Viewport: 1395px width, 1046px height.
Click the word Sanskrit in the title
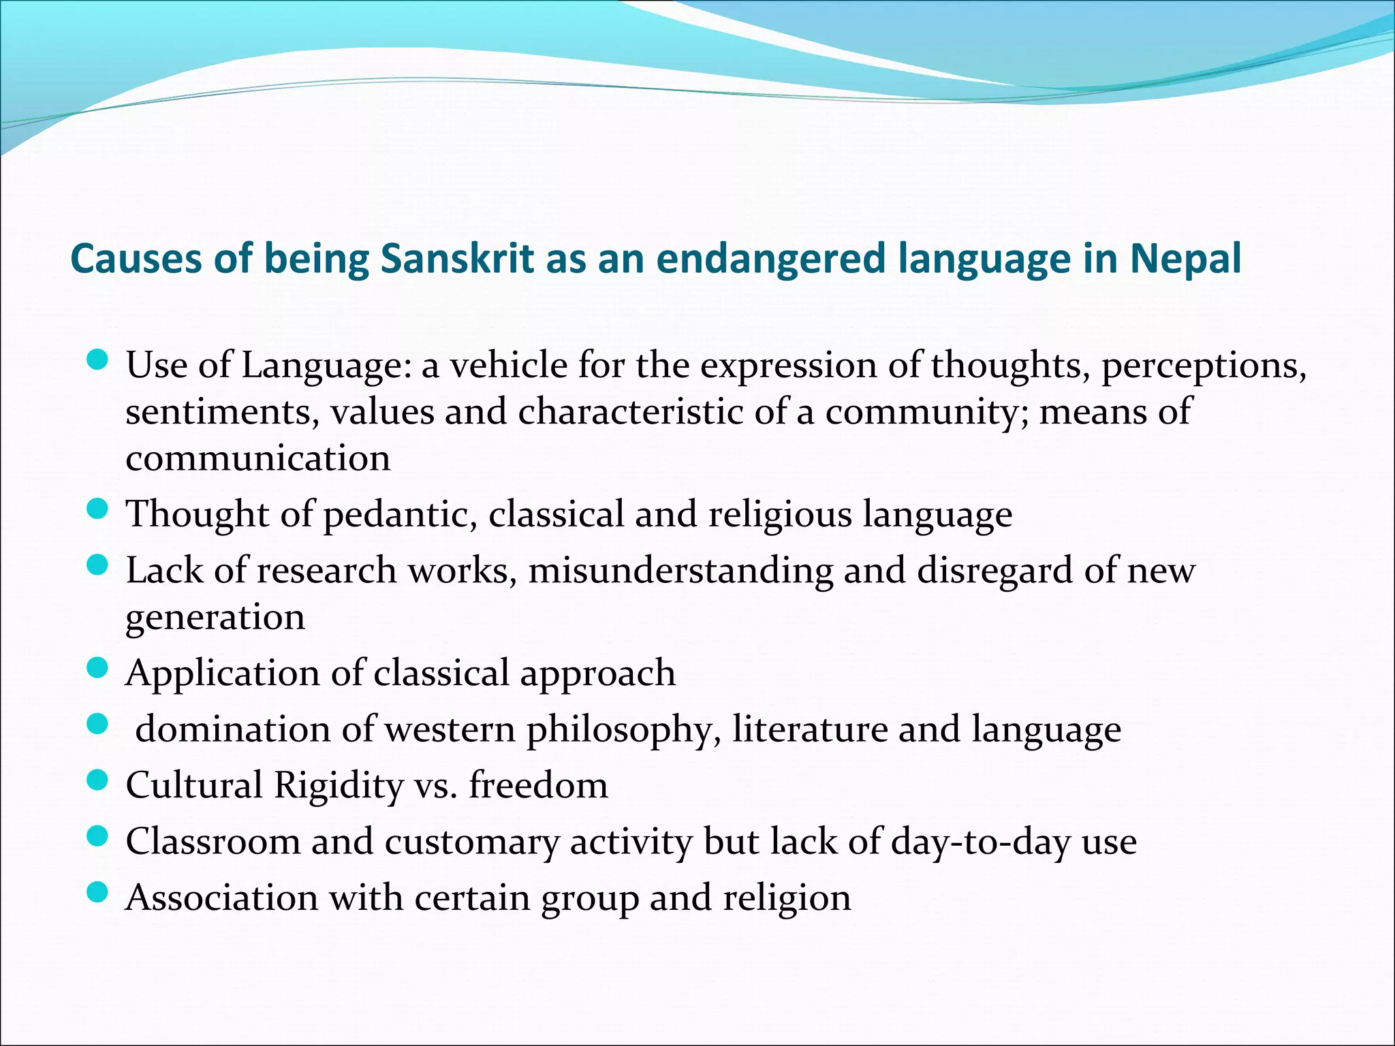click(457, 259)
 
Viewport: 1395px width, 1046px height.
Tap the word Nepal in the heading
click(1186, 259)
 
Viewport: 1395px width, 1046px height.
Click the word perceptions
click(1204, 366)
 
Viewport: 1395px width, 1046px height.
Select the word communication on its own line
click(258, 458)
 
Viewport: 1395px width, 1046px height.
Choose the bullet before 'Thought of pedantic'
click(98, 509)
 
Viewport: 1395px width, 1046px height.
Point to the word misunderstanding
click(680, 570)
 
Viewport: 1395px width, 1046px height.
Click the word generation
click(215, 618)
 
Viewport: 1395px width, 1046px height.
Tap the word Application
click(222, 673)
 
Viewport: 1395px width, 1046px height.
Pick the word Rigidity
click(339, 786)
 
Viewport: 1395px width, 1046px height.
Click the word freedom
click(538, 786)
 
